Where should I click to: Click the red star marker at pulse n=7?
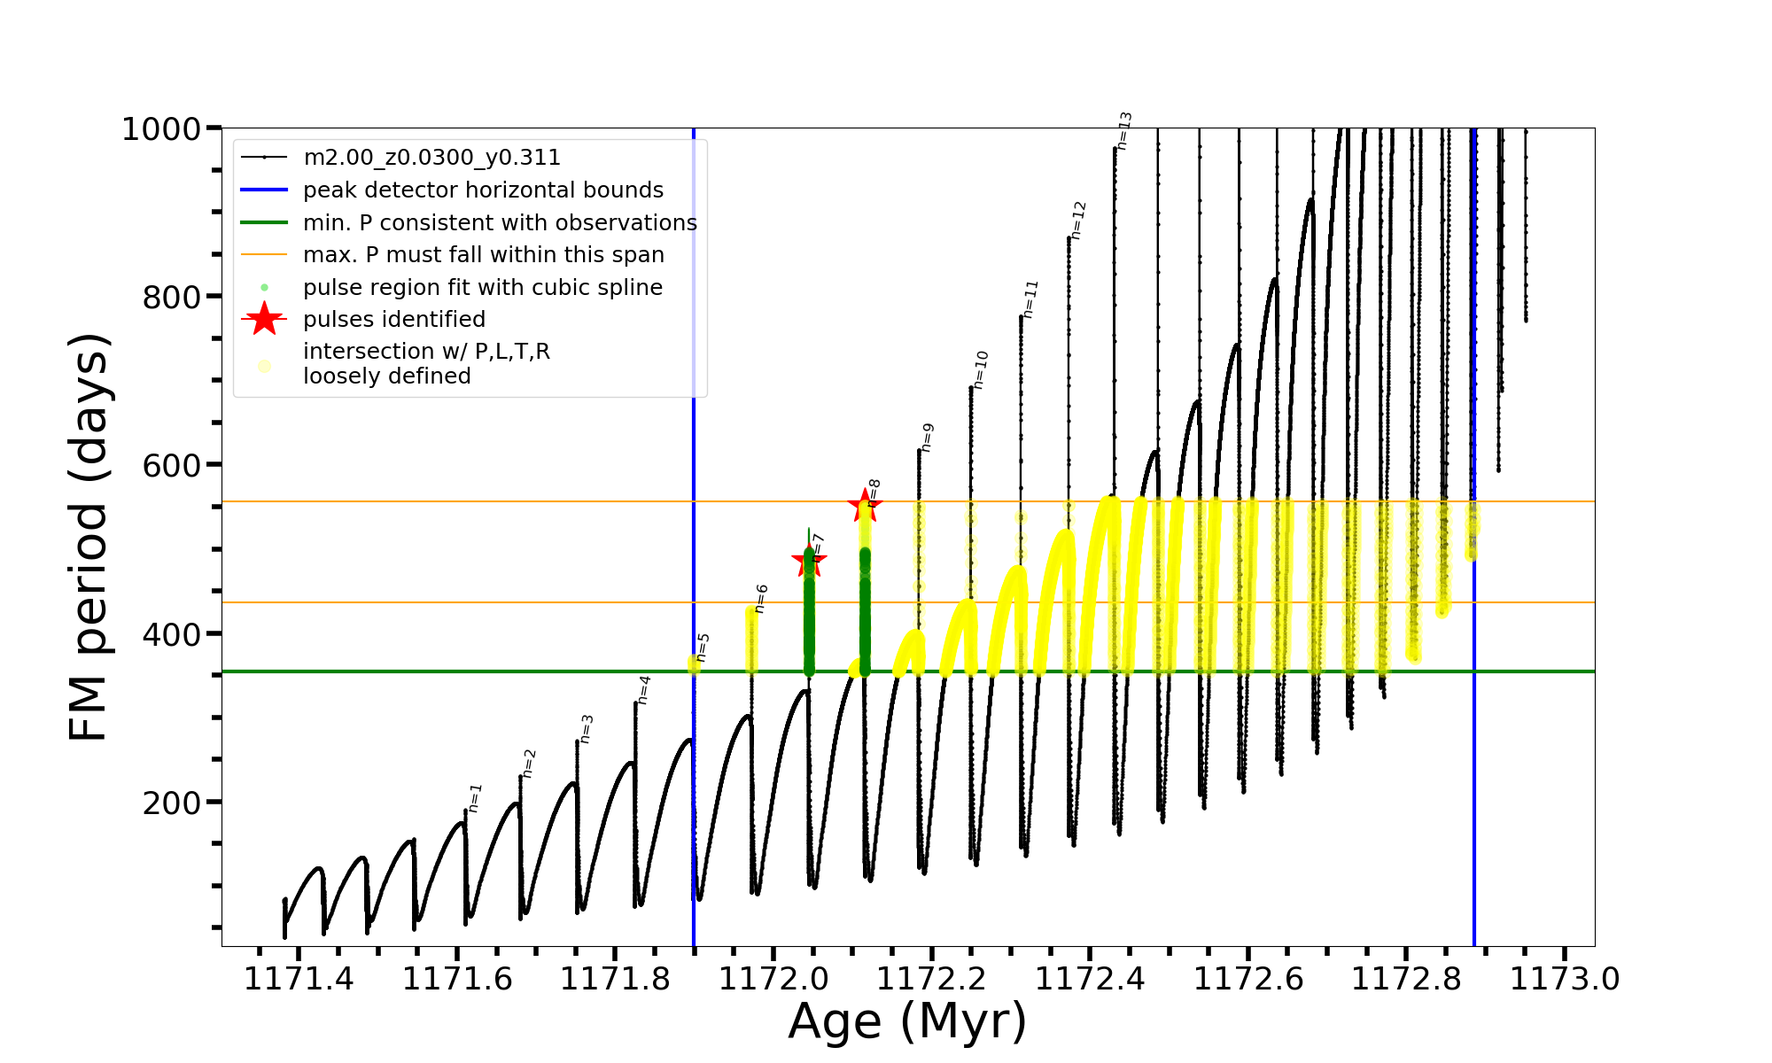tap(808, 559)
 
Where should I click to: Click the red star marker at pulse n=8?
tap(865, 505)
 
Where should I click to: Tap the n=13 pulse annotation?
tap(1124, 131)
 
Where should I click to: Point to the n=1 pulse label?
tap(475, 798)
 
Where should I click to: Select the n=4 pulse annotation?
tap(644, 690)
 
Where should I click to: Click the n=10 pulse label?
tap(980, 370)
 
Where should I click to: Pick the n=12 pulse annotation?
tap(1077, 221)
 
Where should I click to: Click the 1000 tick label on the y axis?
tap(161, 129)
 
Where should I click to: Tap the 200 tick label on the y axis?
tap(172, 803)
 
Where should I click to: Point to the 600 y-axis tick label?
tap(172, 465)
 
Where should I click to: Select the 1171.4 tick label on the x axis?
tap(299, 979)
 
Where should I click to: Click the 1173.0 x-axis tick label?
tap(1565, 979)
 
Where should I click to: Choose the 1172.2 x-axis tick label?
tap(931, 979)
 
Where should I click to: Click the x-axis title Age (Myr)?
tap(907, 1021)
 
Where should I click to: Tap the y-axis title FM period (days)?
tap(89, 537)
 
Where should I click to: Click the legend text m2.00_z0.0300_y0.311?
tap(431, 158)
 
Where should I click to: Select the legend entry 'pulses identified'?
tap(394, 319)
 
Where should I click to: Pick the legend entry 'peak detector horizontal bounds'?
tap(483, 190)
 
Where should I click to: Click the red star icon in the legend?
tap(264, 319)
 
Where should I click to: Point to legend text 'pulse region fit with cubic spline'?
tap(483, 287)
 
